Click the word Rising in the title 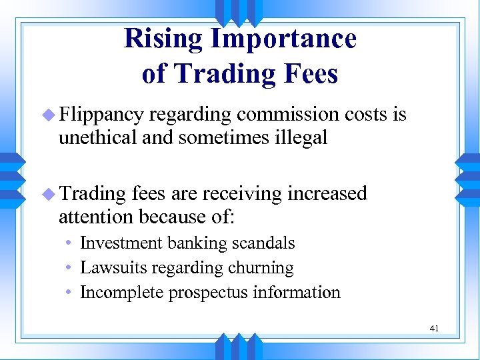pyautogui.click(x=163, y=39)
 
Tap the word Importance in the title pyautogui.click(x=283, y=39)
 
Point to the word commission pyautogui.click(x=288, y=115)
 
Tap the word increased pyautogui.click(x=327, y=193)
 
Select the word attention pyautogui.click(x=97, y=217)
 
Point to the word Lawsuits pyautogui.click(x=110, y=268)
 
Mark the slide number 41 pyautogui.click(x=434, y=328)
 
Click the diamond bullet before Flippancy pyautogui.click(x=50, y=115)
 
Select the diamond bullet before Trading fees pyautogui.click(x=50, y=194)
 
